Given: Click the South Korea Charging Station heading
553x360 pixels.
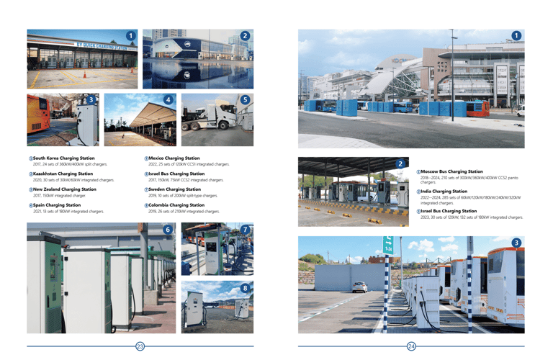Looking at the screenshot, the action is click(x=63, y=158).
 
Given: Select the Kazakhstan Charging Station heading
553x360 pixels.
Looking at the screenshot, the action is click(x=63, y=174).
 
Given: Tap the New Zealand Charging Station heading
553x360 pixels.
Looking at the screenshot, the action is click(x=66, y=189).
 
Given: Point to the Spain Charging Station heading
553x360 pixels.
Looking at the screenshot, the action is click(x=57, y=205).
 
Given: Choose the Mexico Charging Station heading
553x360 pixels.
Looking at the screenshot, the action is click(x=174, y=158).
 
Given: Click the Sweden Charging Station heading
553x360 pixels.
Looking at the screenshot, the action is click(x=174, y=189).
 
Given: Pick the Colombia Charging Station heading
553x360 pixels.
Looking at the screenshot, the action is click(x=176, y=205).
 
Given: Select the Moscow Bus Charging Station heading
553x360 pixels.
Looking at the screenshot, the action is click(x=451, y=171).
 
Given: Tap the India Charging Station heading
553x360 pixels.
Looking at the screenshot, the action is click(x=444, y=192).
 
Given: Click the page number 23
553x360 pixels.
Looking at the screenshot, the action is click(x=140, y=347).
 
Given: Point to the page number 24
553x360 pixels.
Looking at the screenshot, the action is click(x=411, y=347).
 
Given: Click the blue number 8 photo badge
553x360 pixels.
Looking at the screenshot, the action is click(x=246, y=288).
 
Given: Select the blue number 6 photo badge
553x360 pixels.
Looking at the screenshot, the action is click(x=168, y=230).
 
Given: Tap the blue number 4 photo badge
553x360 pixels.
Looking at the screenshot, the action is click(x=167, y=99).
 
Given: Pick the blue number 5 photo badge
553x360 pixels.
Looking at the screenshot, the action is click(x=245, y=99).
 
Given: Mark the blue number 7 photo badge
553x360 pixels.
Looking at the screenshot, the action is click(x=246, y=230).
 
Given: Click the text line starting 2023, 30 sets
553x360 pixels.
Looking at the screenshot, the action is click(x=472, y=217).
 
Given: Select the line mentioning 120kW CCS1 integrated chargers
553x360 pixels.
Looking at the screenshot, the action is click(x=189, y=164).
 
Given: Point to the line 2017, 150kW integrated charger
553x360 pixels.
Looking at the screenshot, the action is click(x=59, y=196).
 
